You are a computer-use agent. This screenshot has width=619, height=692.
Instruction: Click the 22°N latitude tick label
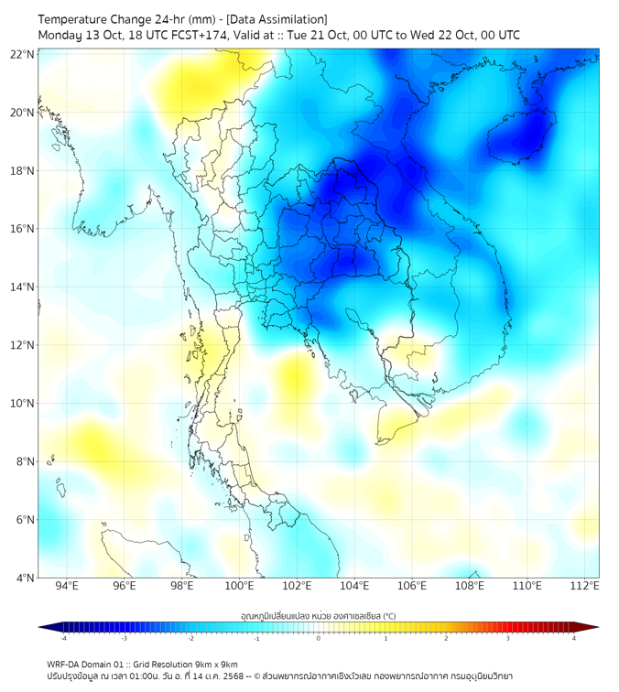(x=22, y=54)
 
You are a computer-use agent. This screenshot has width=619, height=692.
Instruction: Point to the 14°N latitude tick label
(x=22, y=287)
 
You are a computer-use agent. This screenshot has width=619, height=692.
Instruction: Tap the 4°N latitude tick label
(x=25, y=578)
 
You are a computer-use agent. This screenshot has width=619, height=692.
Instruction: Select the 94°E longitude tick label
(x=67, y=586)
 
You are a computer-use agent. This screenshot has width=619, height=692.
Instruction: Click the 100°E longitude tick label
(x=239, y=586)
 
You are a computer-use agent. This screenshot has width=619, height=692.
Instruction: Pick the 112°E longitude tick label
(x=585, y=586)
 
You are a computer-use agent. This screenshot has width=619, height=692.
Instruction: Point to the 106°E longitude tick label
(x=412, y=586)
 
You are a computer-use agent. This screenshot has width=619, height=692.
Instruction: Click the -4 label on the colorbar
(x=62, y=638)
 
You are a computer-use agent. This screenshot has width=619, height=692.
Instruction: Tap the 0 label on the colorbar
(x=319, y=638)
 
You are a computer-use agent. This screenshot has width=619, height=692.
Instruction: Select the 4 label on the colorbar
(x=574, y=638)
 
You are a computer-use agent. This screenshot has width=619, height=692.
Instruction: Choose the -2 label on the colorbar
(x=190, y=638)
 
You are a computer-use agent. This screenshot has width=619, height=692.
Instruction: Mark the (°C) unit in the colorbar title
(x=388, y=616)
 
